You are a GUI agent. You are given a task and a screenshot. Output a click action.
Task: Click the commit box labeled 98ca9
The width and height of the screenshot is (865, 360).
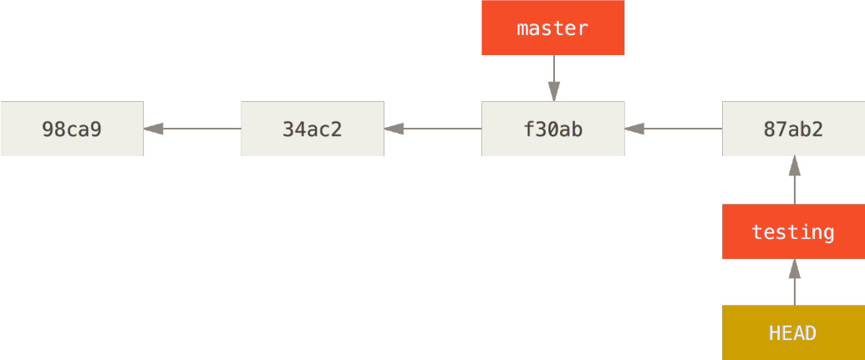tap(72, 129)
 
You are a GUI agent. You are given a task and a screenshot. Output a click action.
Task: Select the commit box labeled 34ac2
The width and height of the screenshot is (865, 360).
tap(313, 129)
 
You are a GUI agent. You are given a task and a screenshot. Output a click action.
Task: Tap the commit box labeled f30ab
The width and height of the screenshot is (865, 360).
tap(552, 129)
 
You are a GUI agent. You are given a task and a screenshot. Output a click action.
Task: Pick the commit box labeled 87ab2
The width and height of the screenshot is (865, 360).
tap(793, 129)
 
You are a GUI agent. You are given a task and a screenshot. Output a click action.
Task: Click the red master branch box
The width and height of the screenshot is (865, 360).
tap(552, 28)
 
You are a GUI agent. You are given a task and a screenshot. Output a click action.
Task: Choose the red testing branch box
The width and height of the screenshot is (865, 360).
tap(793, 231)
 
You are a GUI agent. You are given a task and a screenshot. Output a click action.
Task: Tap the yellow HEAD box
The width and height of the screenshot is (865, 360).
tap(793, 332)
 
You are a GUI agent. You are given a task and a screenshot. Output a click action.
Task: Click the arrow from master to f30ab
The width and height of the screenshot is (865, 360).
tap(554, 79)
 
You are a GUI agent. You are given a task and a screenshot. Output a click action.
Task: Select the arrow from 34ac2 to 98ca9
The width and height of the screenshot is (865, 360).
tap(192, 129)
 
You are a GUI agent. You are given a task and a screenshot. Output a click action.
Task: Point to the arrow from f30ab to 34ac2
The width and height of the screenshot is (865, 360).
tap(433, 129)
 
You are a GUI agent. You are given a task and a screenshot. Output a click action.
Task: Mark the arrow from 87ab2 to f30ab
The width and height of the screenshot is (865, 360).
tap(674, 129)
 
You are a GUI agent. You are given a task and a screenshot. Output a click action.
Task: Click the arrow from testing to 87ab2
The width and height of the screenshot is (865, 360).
tap(795, 180)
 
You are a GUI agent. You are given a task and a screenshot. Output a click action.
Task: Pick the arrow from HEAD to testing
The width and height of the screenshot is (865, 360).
tap(795, 281)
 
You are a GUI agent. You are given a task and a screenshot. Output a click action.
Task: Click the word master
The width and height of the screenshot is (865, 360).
tap(552, 28)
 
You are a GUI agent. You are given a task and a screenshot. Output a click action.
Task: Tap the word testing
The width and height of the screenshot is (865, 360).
tap(793, 232)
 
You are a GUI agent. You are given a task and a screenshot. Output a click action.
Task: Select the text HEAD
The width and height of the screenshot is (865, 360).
tap(793, 333)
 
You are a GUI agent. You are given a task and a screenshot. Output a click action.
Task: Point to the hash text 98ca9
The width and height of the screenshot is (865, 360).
tap(72, 129)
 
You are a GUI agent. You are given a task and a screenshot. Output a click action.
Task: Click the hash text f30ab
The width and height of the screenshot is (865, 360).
tap(552, 129)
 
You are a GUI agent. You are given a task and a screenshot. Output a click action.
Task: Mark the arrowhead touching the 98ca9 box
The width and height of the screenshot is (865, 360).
tap(154, 129)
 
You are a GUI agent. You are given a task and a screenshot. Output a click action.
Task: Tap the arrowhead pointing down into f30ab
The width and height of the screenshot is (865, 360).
tap(554, 92)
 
